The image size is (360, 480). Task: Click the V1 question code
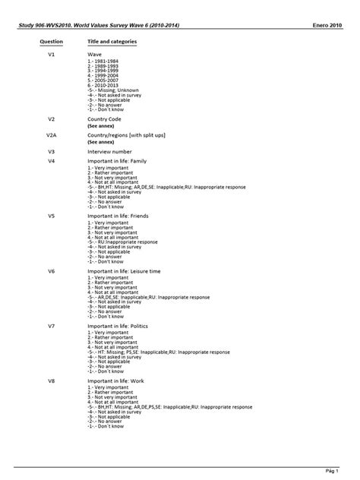point(51,56)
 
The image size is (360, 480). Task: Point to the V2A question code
point(52,134)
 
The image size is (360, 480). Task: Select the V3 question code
point(51,151)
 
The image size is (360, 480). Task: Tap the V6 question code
point(51,271)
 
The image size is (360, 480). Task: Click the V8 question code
point(51,381)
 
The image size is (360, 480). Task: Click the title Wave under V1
point(95,56)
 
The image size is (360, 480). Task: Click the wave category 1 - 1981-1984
point(103,63)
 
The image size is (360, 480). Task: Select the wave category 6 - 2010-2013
point(103,85)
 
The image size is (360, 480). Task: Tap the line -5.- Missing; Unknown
point(115,90)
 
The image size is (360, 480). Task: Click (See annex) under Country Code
point(100,126)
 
